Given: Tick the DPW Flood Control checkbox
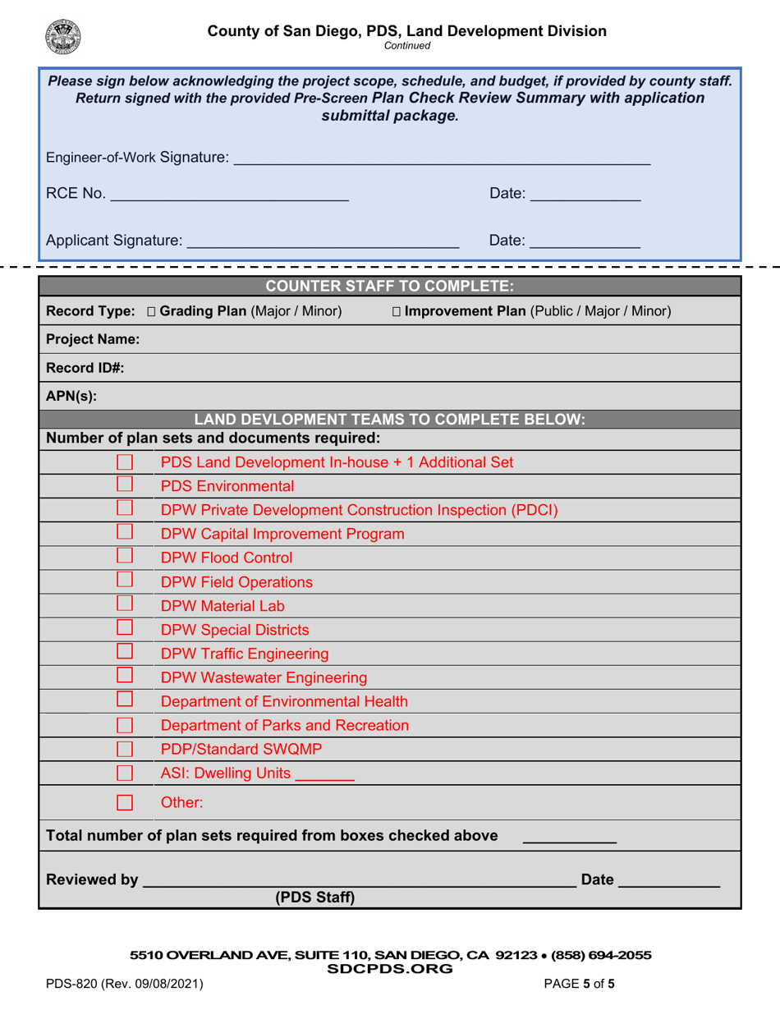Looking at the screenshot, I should coord(125,557).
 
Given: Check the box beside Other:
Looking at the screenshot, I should coord(125,801).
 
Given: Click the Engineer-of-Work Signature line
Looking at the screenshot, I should coord(441,162).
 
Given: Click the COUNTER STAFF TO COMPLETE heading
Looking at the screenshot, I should coord(390,286).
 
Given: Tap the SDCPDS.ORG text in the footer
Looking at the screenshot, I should coord(390,968).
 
